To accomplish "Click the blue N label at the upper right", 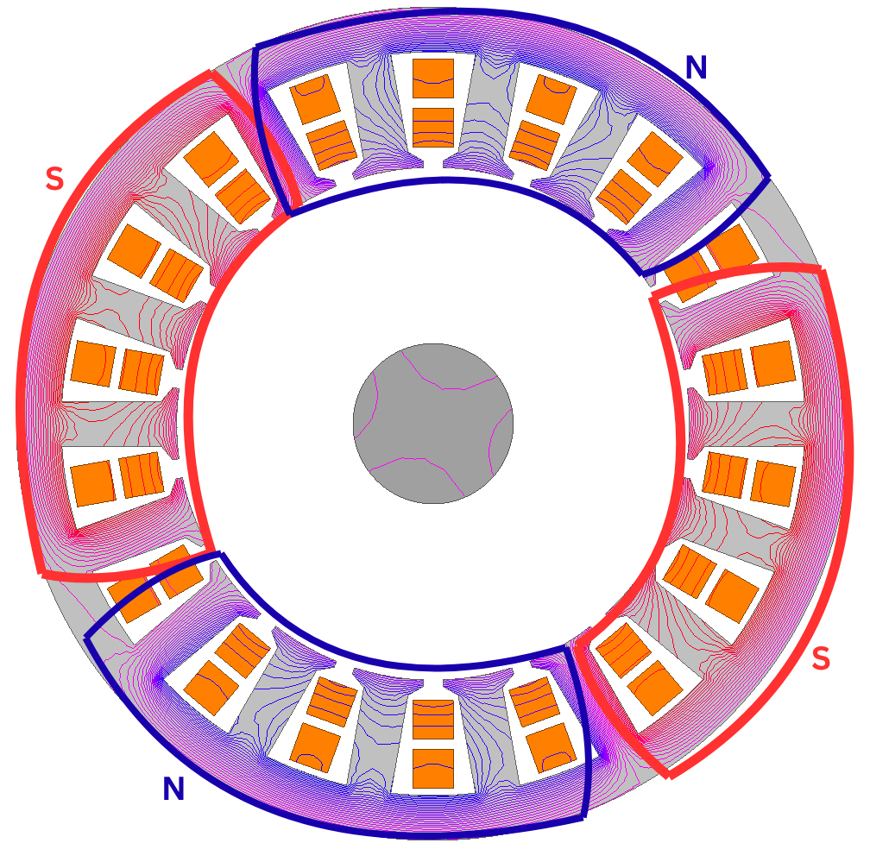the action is tap(697, 67).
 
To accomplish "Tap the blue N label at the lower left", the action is tap(173, 789).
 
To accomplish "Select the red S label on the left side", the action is tap(54, 179).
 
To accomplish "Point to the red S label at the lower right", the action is tap(821, 658).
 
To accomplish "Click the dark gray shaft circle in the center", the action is tap(433, 424).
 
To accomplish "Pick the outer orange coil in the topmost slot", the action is tap(433, 79).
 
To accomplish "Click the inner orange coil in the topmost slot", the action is tap(433, 128).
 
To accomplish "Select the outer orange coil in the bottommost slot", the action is tap(433, 768).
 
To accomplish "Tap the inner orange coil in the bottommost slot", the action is tap(433, 720).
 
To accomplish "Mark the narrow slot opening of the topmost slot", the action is tap(433, 163).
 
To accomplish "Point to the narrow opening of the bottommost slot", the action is tap(433, 685).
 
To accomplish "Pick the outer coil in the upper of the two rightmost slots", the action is tap(773, 363).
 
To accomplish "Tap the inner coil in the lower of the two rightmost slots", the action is tap(725, 475).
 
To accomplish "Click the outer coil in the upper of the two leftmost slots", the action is tap(93, 363).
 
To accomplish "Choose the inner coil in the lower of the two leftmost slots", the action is tap(142, 475).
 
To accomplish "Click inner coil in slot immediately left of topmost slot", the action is tap(331, 145).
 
